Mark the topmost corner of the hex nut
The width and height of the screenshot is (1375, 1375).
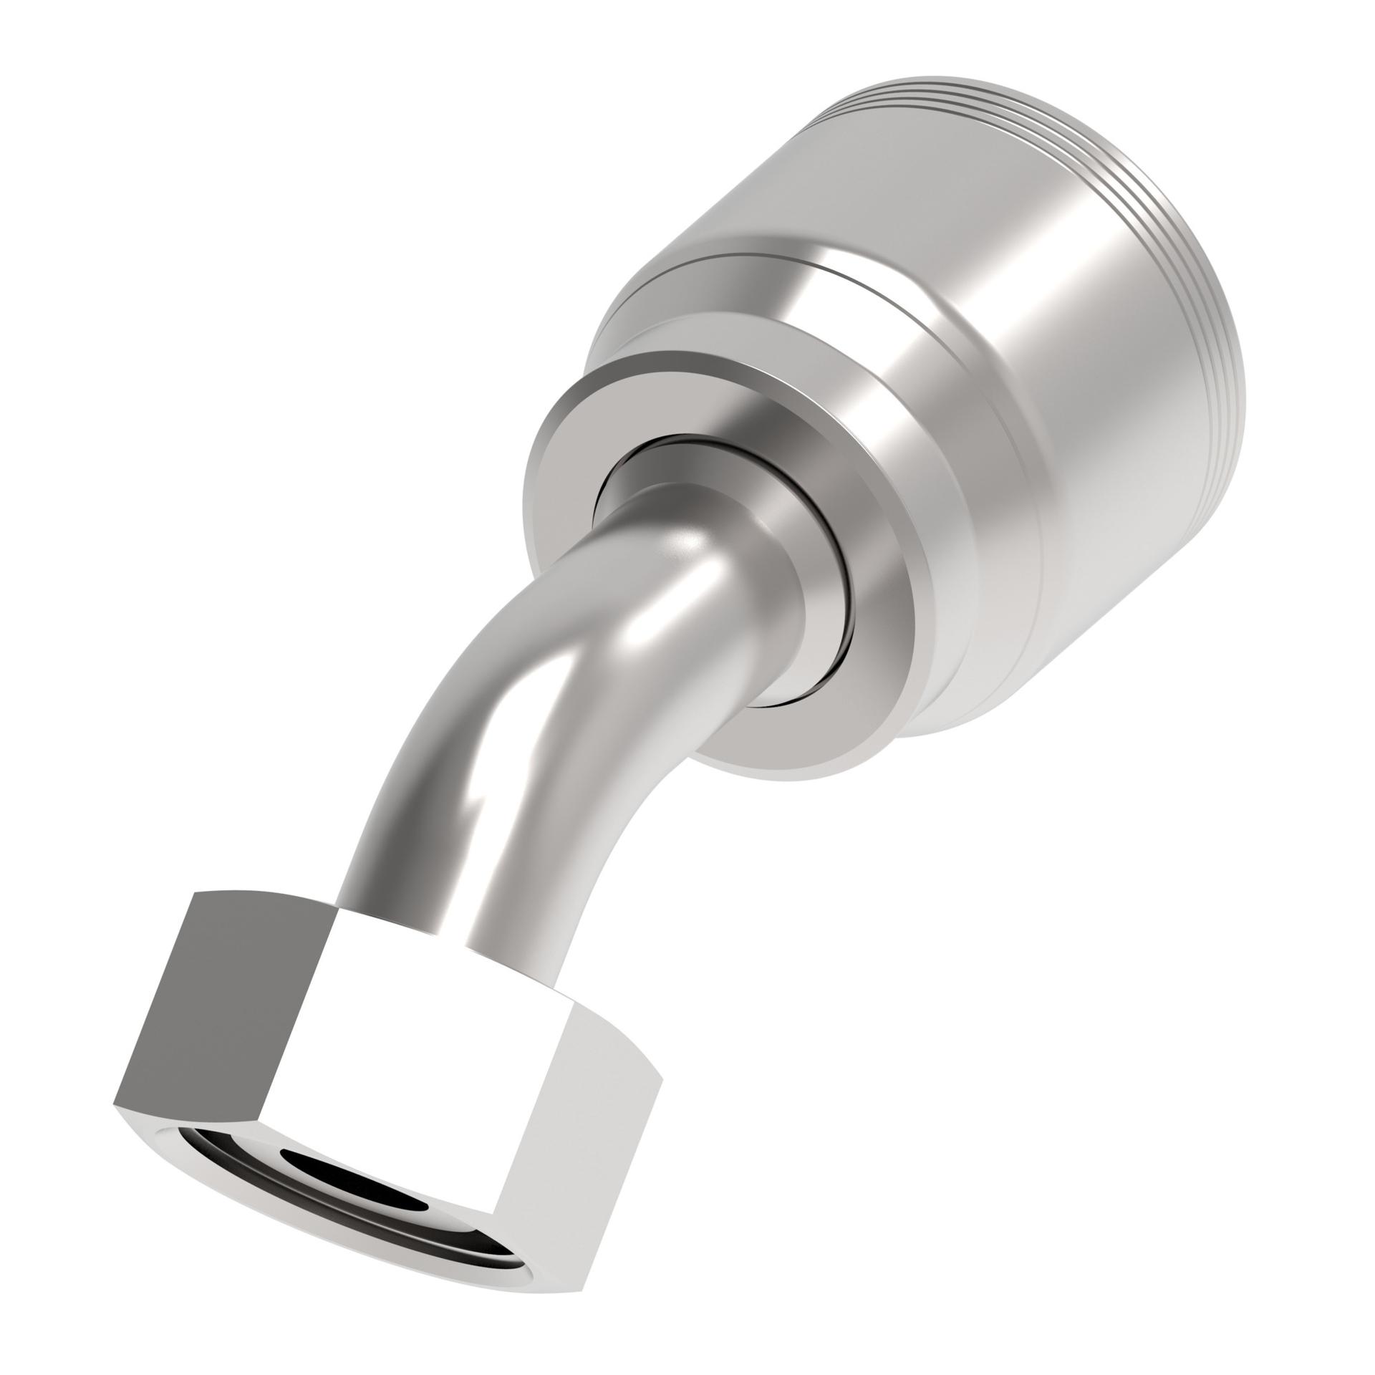196,892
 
